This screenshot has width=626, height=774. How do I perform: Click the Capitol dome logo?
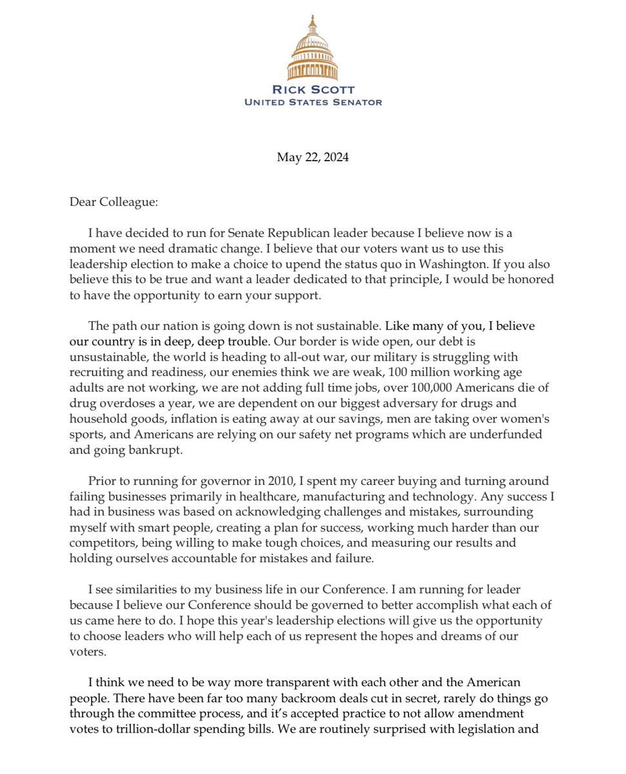312,48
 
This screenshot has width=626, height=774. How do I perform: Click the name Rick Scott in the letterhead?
313,90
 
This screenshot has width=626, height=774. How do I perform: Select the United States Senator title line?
313,102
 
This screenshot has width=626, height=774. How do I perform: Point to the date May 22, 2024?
313,157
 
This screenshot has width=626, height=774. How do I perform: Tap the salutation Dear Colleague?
113,202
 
